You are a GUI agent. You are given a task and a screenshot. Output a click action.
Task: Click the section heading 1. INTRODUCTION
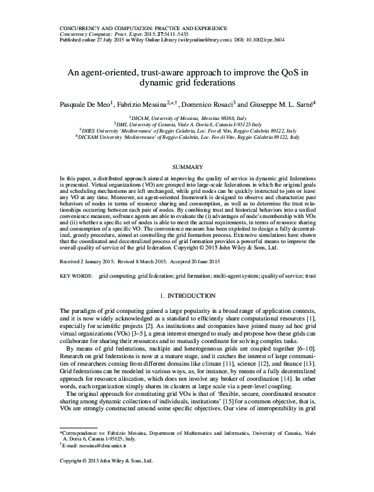click(187, 295)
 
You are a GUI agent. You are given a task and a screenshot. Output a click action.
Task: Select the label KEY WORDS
click(75, 276)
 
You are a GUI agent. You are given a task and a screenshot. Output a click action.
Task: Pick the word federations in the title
click(213, 82)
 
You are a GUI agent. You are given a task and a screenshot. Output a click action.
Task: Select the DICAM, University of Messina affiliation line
click(188, 117)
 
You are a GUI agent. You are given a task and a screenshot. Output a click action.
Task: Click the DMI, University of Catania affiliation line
click(188, 124)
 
